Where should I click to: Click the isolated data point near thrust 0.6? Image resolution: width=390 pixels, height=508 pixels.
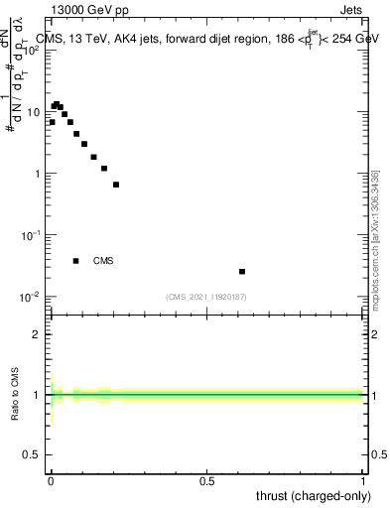pos(242,271)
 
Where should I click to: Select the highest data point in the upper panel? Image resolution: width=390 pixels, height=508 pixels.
pos(57,103)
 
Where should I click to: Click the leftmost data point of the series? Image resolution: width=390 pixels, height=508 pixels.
pos(52,122)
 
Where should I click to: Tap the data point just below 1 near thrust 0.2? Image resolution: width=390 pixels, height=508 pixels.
pos(116,185)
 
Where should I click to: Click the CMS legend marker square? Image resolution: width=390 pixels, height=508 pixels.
pos(75,261)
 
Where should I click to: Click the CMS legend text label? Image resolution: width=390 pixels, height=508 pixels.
pos(103,261)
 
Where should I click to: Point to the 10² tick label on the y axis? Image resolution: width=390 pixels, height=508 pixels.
pos(32,51)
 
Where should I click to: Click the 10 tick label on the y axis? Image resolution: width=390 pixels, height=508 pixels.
pos(34,112)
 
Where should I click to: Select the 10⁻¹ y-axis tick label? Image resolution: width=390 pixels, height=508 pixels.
pos(32,235)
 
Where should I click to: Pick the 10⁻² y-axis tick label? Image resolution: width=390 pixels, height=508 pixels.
pos(32,297)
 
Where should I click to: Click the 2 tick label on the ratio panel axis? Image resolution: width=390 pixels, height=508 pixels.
pos(39,334)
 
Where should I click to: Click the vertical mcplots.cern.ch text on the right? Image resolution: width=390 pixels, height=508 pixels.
pos(375,238)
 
